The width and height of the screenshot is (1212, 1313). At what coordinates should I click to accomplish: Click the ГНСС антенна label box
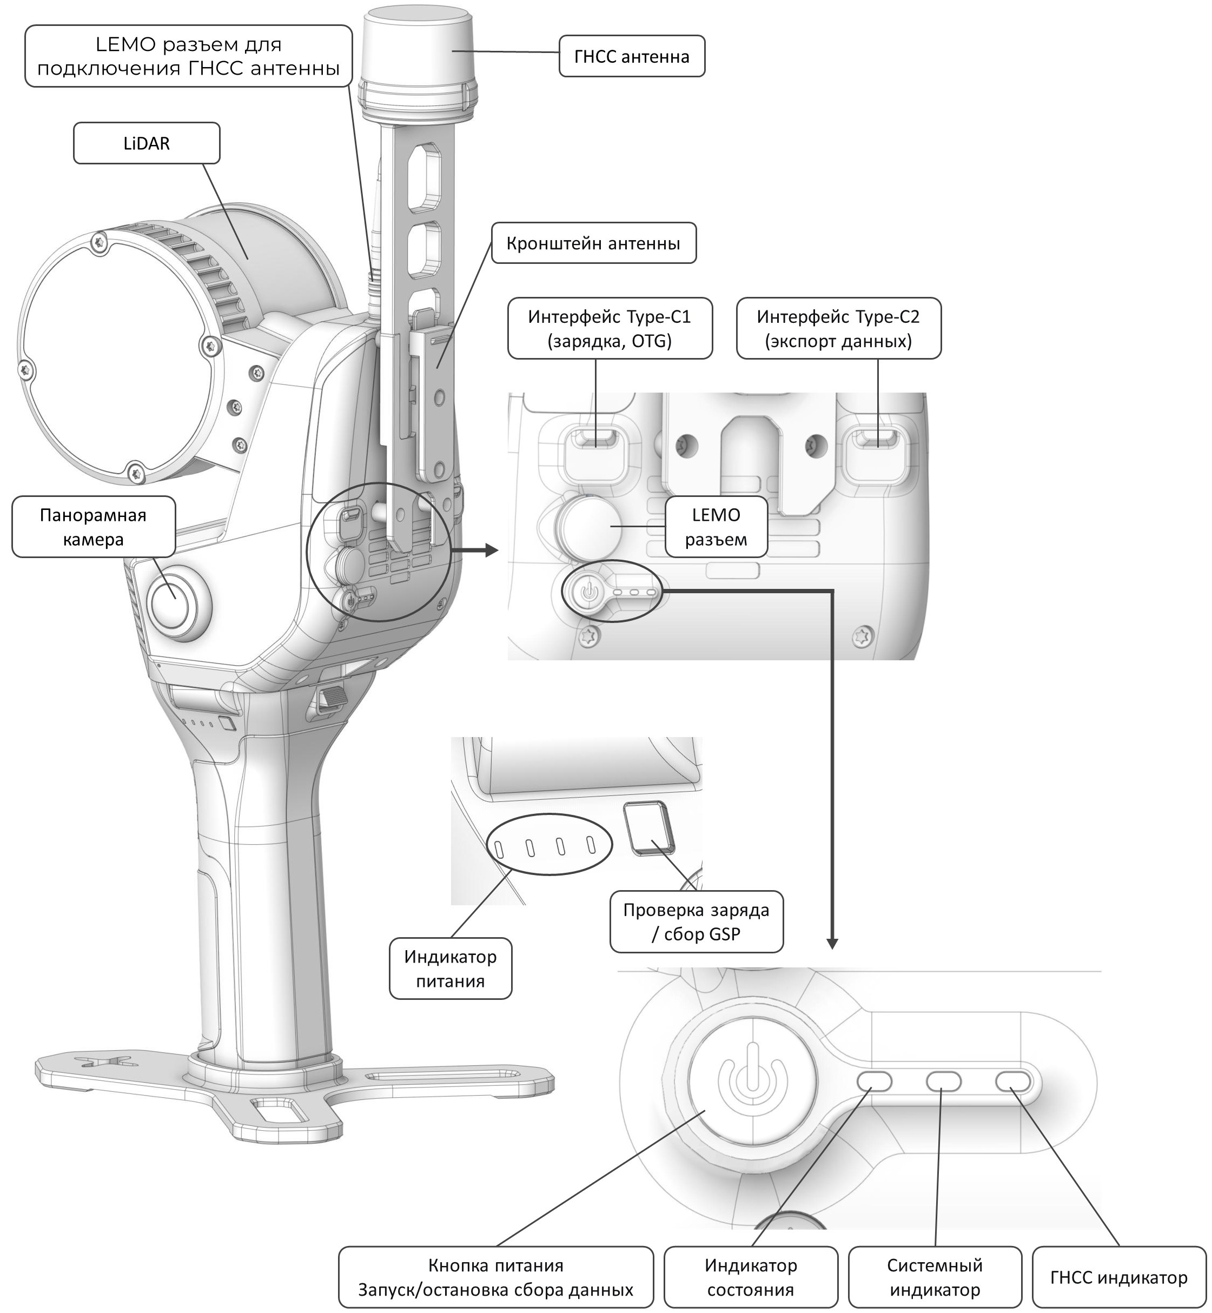(632, 56)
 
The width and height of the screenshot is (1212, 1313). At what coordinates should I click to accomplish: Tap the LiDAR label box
(146, 143)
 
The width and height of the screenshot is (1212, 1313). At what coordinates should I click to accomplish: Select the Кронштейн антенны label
(593, 243)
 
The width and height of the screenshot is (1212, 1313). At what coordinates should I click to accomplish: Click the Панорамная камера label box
(93, 527)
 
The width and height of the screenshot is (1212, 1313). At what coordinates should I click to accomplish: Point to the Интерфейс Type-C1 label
(610, 329)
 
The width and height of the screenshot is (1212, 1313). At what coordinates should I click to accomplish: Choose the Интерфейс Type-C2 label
(838, 329)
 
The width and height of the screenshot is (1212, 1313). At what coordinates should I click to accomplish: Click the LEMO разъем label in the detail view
(716, 527)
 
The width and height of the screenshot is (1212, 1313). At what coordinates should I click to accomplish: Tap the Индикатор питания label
(450, 968)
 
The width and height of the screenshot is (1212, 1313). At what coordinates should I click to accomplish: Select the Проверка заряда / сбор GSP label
(696, 921)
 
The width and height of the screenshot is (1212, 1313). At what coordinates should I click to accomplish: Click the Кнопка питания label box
(496, 1277)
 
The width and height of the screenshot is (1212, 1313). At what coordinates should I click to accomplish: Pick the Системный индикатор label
(935, 1277)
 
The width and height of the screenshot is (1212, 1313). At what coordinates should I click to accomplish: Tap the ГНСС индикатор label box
(1118, 1277)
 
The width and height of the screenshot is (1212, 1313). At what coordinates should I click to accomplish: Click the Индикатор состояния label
(750, 1277)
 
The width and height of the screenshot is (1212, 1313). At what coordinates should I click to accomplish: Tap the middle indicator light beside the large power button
(943, 1081)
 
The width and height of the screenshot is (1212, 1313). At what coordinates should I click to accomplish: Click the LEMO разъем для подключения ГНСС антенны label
(188, 56)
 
